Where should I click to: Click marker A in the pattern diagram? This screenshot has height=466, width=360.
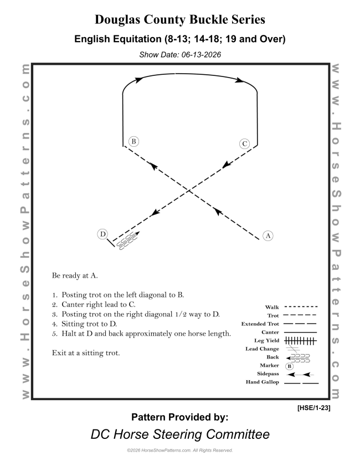pos(268,235)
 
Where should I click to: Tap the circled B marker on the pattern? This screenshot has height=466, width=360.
pos(133,141)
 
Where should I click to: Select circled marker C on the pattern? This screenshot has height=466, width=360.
pos(244,144)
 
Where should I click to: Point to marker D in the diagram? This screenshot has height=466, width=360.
pos(103,234)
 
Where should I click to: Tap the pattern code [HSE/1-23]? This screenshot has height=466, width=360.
pos(313,408)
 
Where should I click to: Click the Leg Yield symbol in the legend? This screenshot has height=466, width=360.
pos(300,341)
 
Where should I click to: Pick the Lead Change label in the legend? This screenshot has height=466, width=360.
pos(262,349)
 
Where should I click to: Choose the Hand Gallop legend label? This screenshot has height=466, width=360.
pos(263,382)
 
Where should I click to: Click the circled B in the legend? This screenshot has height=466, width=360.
pos(289,366)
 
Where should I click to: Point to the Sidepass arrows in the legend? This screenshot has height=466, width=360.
pos(300,375)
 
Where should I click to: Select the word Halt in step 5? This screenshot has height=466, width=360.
pos(68,334)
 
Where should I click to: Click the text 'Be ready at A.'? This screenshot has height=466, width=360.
pos(75,276)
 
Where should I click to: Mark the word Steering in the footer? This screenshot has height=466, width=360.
pos(178,434)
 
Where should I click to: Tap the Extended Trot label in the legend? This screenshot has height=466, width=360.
pos(260,324)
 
